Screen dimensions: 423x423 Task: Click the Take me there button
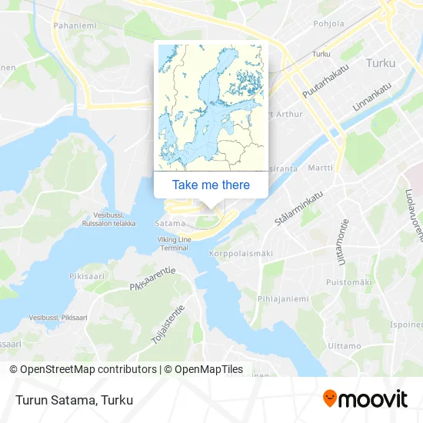[x=211, y=185]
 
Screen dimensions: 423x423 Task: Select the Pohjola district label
[x=328, y=24]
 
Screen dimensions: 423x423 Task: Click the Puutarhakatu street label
[x=321, y=85]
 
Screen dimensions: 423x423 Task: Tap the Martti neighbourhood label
[x=320, y=168]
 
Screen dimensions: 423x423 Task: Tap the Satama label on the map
[x=168, y=224]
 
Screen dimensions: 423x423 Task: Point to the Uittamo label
[x=344, y=345]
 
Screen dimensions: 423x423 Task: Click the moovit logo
[x=365, y=399]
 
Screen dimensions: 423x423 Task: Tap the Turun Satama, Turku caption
[x=73, y=400]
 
